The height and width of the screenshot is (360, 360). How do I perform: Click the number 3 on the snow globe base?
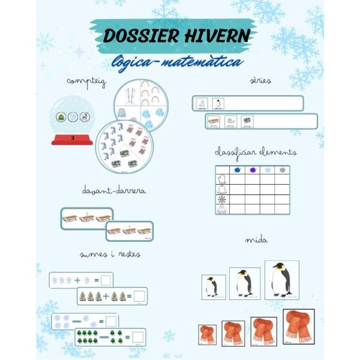click(x=72, y=137)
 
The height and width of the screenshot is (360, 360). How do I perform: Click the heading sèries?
click(x=260, y=80)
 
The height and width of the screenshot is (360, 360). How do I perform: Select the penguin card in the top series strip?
click(x=217, y=103)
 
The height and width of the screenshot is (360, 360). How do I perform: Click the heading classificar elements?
click(x=256, y=152)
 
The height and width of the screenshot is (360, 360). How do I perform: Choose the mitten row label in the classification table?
click(x=221, y=179)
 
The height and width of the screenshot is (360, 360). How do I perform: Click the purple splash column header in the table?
click(x=252, y=170)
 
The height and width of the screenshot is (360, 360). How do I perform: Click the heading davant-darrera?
click(x=114, y=191)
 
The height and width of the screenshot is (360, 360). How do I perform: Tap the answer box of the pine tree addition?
click(x=139, y=296)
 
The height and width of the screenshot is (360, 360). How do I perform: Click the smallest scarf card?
click(x=207, y=335)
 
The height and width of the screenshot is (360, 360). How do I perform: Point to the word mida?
click(x=256, y=240)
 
